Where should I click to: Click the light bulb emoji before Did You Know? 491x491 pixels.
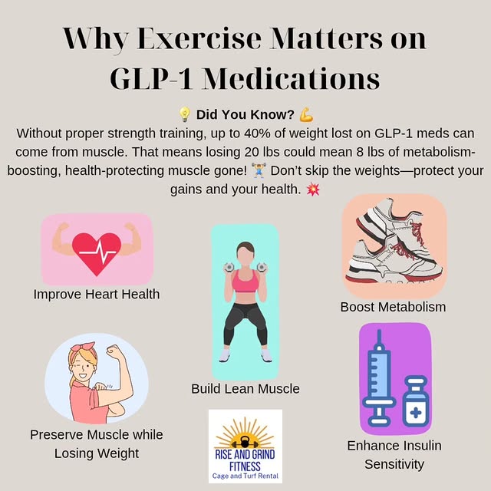[x=184, y=115]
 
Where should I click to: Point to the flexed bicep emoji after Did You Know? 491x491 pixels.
[x=306, y=115]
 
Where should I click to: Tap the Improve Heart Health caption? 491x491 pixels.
[x=97, y=293]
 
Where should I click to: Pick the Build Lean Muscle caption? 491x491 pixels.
[x=245, y=389]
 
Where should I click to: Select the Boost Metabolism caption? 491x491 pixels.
[x=393, y=307]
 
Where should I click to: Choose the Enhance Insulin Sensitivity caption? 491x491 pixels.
[x=394, y=454]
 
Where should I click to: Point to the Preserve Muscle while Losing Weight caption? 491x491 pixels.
[x=97, y=443]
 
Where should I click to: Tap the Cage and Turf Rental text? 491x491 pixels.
[x=245, y=476]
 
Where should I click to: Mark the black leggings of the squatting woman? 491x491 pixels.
[x=245, y=326]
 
